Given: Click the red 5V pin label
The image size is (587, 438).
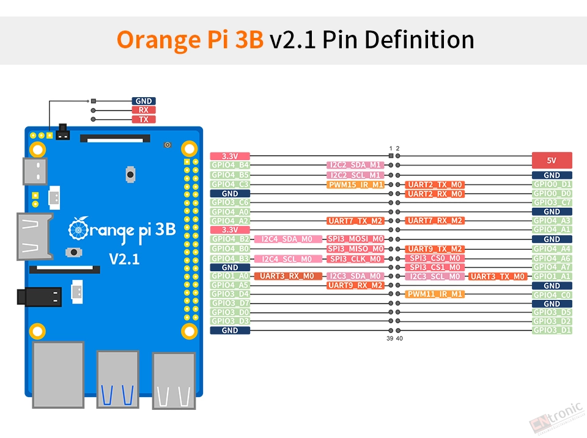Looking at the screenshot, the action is [x=552, y=160].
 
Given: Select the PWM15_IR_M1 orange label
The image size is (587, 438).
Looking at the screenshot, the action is [x=356, y=184].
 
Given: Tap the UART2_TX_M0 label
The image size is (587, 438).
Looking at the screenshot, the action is [x=435, y=184].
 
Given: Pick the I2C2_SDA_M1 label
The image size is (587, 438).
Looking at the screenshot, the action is [x=356, y=165].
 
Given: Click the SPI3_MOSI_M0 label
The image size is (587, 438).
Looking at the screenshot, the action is [x=356, y=239].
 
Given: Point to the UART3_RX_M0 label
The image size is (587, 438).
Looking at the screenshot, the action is [x=288, y=276].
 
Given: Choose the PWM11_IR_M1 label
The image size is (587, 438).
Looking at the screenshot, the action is [x=435, y=294].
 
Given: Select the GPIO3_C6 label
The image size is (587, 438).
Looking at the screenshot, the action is [x=230, y=202].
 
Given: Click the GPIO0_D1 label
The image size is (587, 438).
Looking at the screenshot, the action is [x=552, y=184].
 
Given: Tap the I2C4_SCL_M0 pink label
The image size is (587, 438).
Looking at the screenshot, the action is [x=288, y=259].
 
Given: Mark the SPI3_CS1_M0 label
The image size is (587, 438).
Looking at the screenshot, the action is [x=435, y=267].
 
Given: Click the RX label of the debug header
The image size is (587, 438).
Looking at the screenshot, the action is [x=144, y=110].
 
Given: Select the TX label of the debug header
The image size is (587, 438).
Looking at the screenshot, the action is [x=144, y=119].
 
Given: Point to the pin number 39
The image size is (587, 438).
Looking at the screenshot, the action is [x=389, y=338].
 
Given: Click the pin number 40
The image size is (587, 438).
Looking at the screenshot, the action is [x=399, y=338].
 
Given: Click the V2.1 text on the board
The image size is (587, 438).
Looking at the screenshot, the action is [x=124, y=259].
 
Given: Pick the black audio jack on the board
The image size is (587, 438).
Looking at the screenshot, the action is [x=39, y=297].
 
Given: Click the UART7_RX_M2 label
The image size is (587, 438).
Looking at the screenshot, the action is [x=435, y=221].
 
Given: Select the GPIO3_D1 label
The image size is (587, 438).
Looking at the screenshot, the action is [x=552, y=330].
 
